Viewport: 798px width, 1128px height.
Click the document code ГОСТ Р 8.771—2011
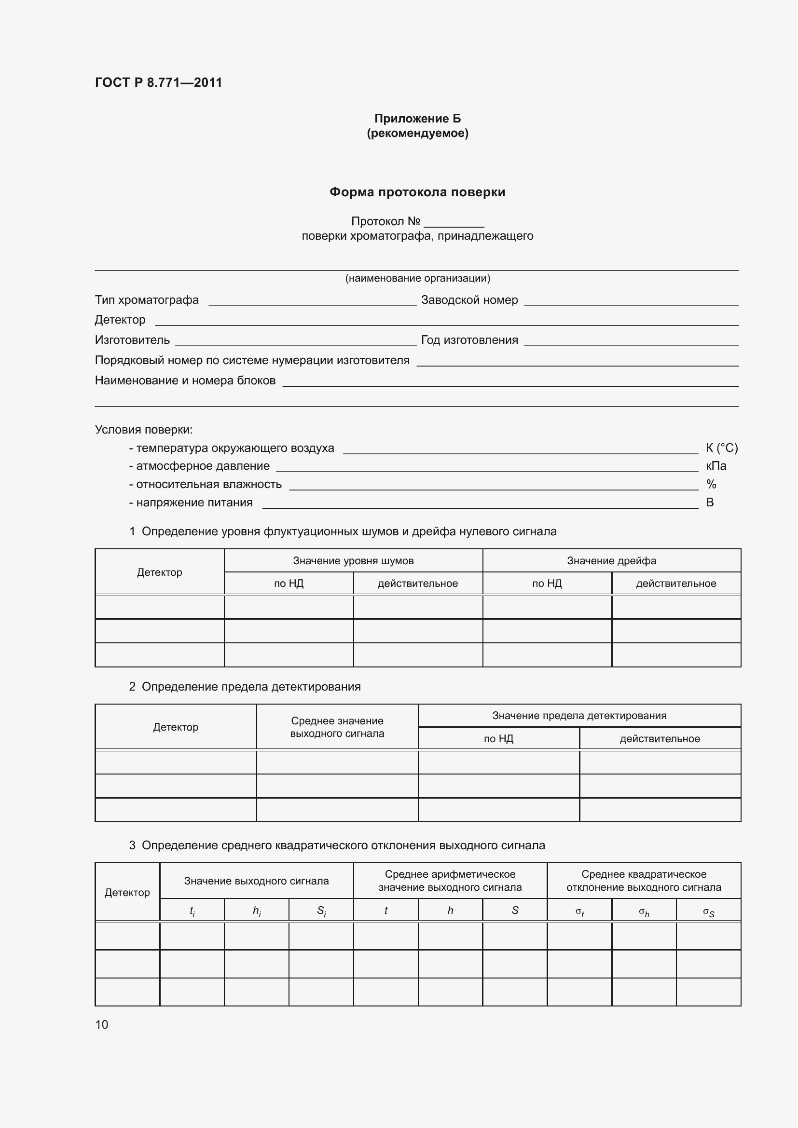click(x=158, y=82)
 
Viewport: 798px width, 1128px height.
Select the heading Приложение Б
click(x=417, y=119)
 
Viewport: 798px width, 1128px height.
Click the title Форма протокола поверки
click(x=417, y=192)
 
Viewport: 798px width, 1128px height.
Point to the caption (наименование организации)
click(x=417, y=279)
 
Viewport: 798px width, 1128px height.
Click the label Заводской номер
click(x=469, y=300)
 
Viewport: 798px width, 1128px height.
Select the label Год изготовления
click(x=469, y=340)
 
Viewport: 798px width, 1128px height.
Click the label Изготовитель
click(x=132, y=340)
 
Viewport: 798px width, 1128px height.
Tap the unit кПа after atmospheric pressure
click(x=715, y=466)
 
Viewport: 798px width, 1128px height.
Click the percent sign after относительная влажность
click(x=711, y=484)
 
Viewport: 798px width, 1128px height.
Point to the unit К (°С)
click(x=721, y=448)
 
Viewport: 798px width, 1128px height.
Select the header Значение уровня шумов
click(x=353, y=560)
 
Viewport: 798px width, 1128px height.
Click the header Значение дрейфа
click(x=611, y=560)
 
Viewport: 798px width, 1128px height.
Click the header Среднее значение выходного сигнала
click(x=337, y=727)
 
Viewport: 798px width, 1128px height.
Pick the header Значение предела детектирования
click(x=579, y=716)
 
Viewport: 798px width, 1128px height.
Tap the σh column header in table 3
click(x=644, y=912)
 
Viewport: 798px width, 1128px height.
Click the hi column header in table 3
click(x=257, y=911)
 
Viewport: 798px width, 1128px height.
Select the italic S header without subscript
click(x=514, y=911)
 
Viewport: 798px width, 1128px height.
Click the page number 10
click(x=102, y=1024)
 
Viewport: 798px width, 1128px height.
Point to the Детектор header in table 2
click(x=176, y=727)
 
